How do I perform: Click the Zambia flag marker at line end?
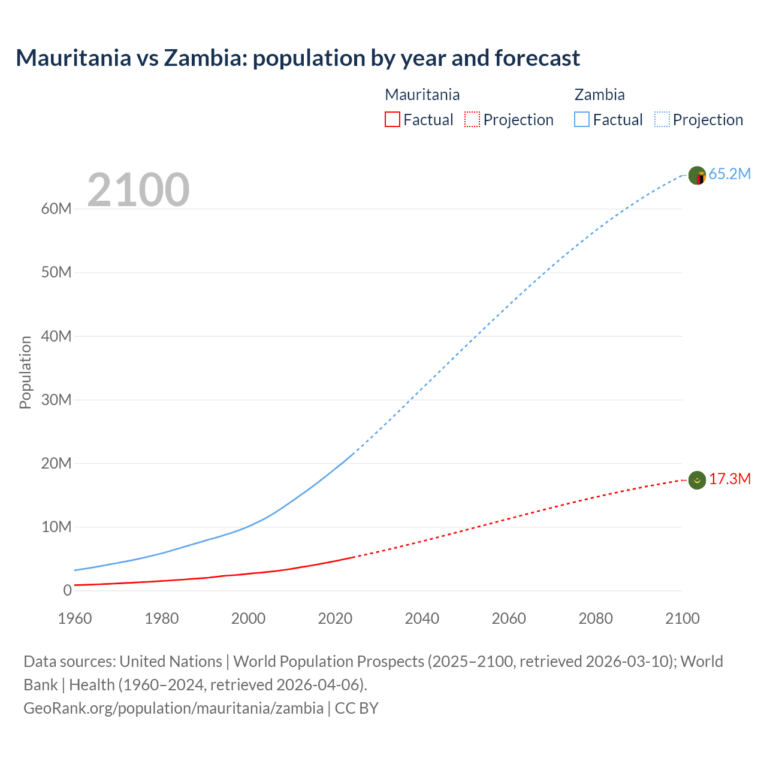(x=697, y=176)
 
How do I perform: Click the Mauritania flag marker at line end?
(x=697, y=480)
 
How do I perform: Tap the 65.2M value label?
(x=729, y=174)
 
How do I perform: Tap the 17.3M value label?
(x=730, y=479)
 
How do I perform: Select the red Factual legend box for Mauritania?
(x=392, y=120)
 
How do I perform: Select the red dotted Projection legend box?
(x=472, y=120)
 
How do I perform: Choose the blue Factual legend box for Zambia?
(x=582, y=120)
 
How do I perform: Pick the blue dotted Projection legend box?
(x=662, y=120)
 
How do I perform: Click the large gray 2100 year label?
(x=138, y=190)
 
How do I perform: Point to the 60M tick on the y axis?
(x=56, y=209)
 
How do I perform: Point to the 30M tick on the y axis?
(x=56, y=400)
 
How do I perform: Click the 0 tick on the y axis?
(x=67, y=591)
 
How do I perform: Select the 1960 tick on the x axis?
(x=75, y=618)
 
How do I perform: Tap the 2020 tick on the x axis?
(x=335, y=618)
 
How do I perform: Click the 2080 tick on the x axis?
(x=596, y=618)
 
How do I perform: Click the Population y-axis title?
(x=25, y=372)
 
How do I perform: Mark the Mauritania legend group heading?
(x=422, y=95)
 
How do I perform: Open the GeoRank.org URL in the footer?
(x=173, y=708)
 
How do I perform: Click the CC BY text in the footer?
(x=357, y=708)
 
